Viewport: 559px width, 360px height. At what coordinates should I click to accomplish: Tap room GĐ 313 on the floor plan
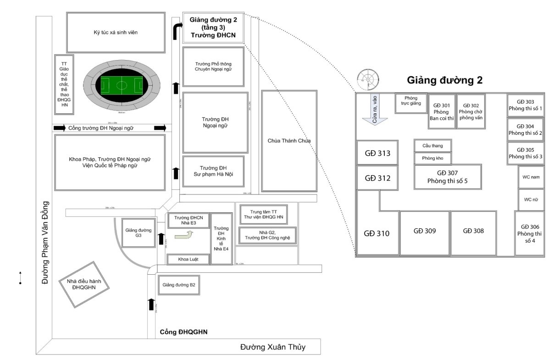(377, 153)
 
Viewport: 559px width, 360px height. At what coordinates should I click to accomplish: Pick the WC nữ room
(531, 199)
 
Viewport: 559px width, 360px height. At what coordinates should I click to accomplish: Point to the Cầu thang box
(432, 146)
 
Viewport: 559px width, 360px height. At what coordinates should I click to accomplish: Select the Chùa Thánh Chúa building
(289, 140)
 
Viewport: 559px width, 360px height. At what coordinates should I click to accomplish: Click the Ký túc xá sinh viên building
(116, 32)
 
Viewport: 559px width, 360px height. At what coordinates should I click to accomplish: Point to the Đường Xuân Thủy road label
(273, 347)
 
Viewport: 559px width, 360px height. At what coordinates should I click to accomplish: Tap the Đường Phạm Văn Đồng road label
(45, 242)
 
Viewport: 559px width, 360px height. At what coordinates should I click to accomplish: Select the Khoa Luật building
(188, 260)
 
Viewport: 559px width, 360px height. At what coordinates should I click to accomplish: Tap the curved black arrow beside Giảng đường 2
(177, 31)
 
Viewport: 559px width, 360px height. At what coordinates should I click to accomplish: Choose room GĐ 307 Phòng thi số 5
(447, 177)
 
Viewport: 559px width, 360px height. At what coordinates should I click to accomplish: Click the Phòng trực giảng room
(411, 104)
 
